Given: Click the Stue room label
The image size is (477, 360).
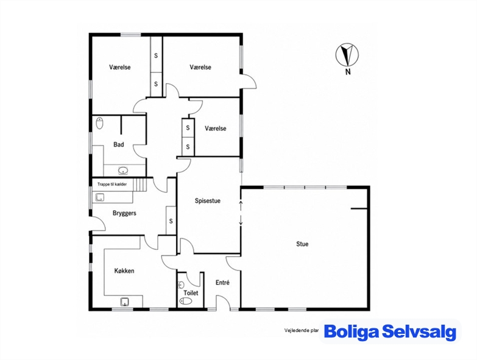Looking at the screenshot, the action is tap(302, 244).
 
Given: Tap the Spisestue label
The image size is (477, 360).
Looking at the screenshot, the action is tap(208, 200).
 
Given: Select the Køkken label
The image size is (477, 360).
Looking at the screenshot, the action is tap(124, 270).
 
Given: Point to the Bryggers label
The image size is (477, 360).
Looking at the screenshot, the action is tap(124, 213).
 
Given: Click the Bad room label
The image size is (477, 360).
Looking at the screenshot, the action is tap(119, 144).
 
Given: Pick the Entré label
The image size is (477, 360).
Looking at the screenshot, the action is tap(222, 283).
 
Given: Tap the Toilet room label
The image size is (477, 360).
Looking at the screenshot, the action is tap(191, 293).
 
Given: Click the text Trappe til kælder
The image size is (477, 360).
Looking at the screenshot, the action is tap(112, 184).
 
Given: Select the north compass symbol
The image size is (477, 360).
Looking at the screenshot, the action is tap(347, 55).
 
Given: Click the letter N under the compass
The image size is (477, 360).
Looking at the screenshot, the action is tap(348, 72).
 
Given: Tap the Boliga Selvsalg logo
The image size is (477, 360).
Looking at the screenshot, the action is tap(390, 331).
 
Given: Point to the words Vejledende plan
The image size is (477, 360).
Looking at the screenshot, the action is tap(301, 331).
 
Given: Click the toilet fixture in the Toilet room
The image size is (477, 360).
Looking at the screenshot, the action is tap(186, 302).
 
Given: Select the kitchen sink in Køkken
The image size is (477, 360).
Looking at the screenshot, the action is tap(124, 302).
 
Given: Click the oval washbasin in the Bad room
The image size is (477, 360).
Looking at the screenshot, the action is tap(123, 171).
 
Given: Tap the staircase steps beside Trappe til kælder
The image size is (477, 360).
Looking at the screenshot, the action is tap(140, 185).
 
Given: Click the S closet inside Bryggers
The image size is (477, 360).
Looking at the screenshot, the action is tap(171, 221).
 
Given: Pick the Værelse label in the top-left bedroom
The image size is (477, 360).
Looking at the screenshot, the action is tap(120, 67).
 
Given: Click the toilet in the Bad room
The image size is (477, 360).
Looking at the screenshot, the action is tap(99, 123).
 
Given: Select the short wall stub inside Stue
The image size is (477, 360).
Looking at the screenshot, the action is tap(359, 209).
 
